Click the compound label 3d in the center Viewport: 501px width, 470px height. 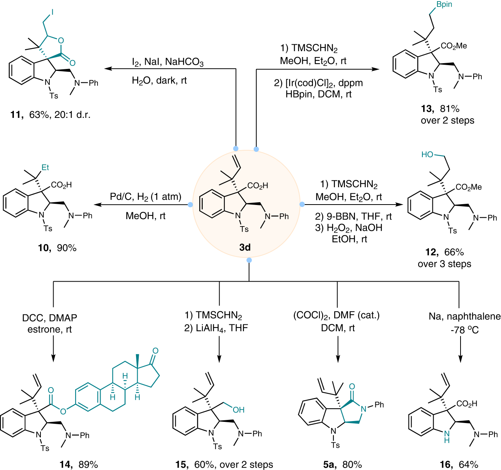245,247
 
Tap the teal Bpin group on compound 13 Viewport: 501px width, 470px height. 444,5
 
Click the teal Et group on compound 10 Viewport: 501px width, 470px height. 45,167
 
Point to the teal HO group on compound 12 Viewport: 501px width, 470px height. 427,154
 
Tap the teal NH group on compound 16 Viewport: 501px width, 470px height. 446,436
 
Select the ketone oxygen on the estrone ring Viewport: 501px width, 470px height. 155,351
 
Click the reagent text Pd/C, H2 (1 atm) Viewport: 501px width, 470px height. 146,197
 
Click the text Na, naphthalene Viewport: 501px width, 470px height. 464,317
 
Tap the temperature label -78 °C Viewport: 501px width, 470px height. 464,330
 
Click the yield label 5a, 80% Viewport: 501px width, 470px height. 343,465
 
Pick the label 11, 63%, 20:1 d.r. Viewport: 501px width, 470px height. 50,115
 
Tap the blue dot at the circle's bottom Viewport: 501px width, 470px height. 249,260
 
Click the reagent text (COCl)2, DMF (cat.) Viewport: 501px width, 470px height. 336,316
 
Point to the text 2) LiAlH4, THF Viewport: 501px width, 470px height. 216,328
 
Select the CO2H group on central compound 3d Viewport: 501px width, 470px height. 257,186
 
